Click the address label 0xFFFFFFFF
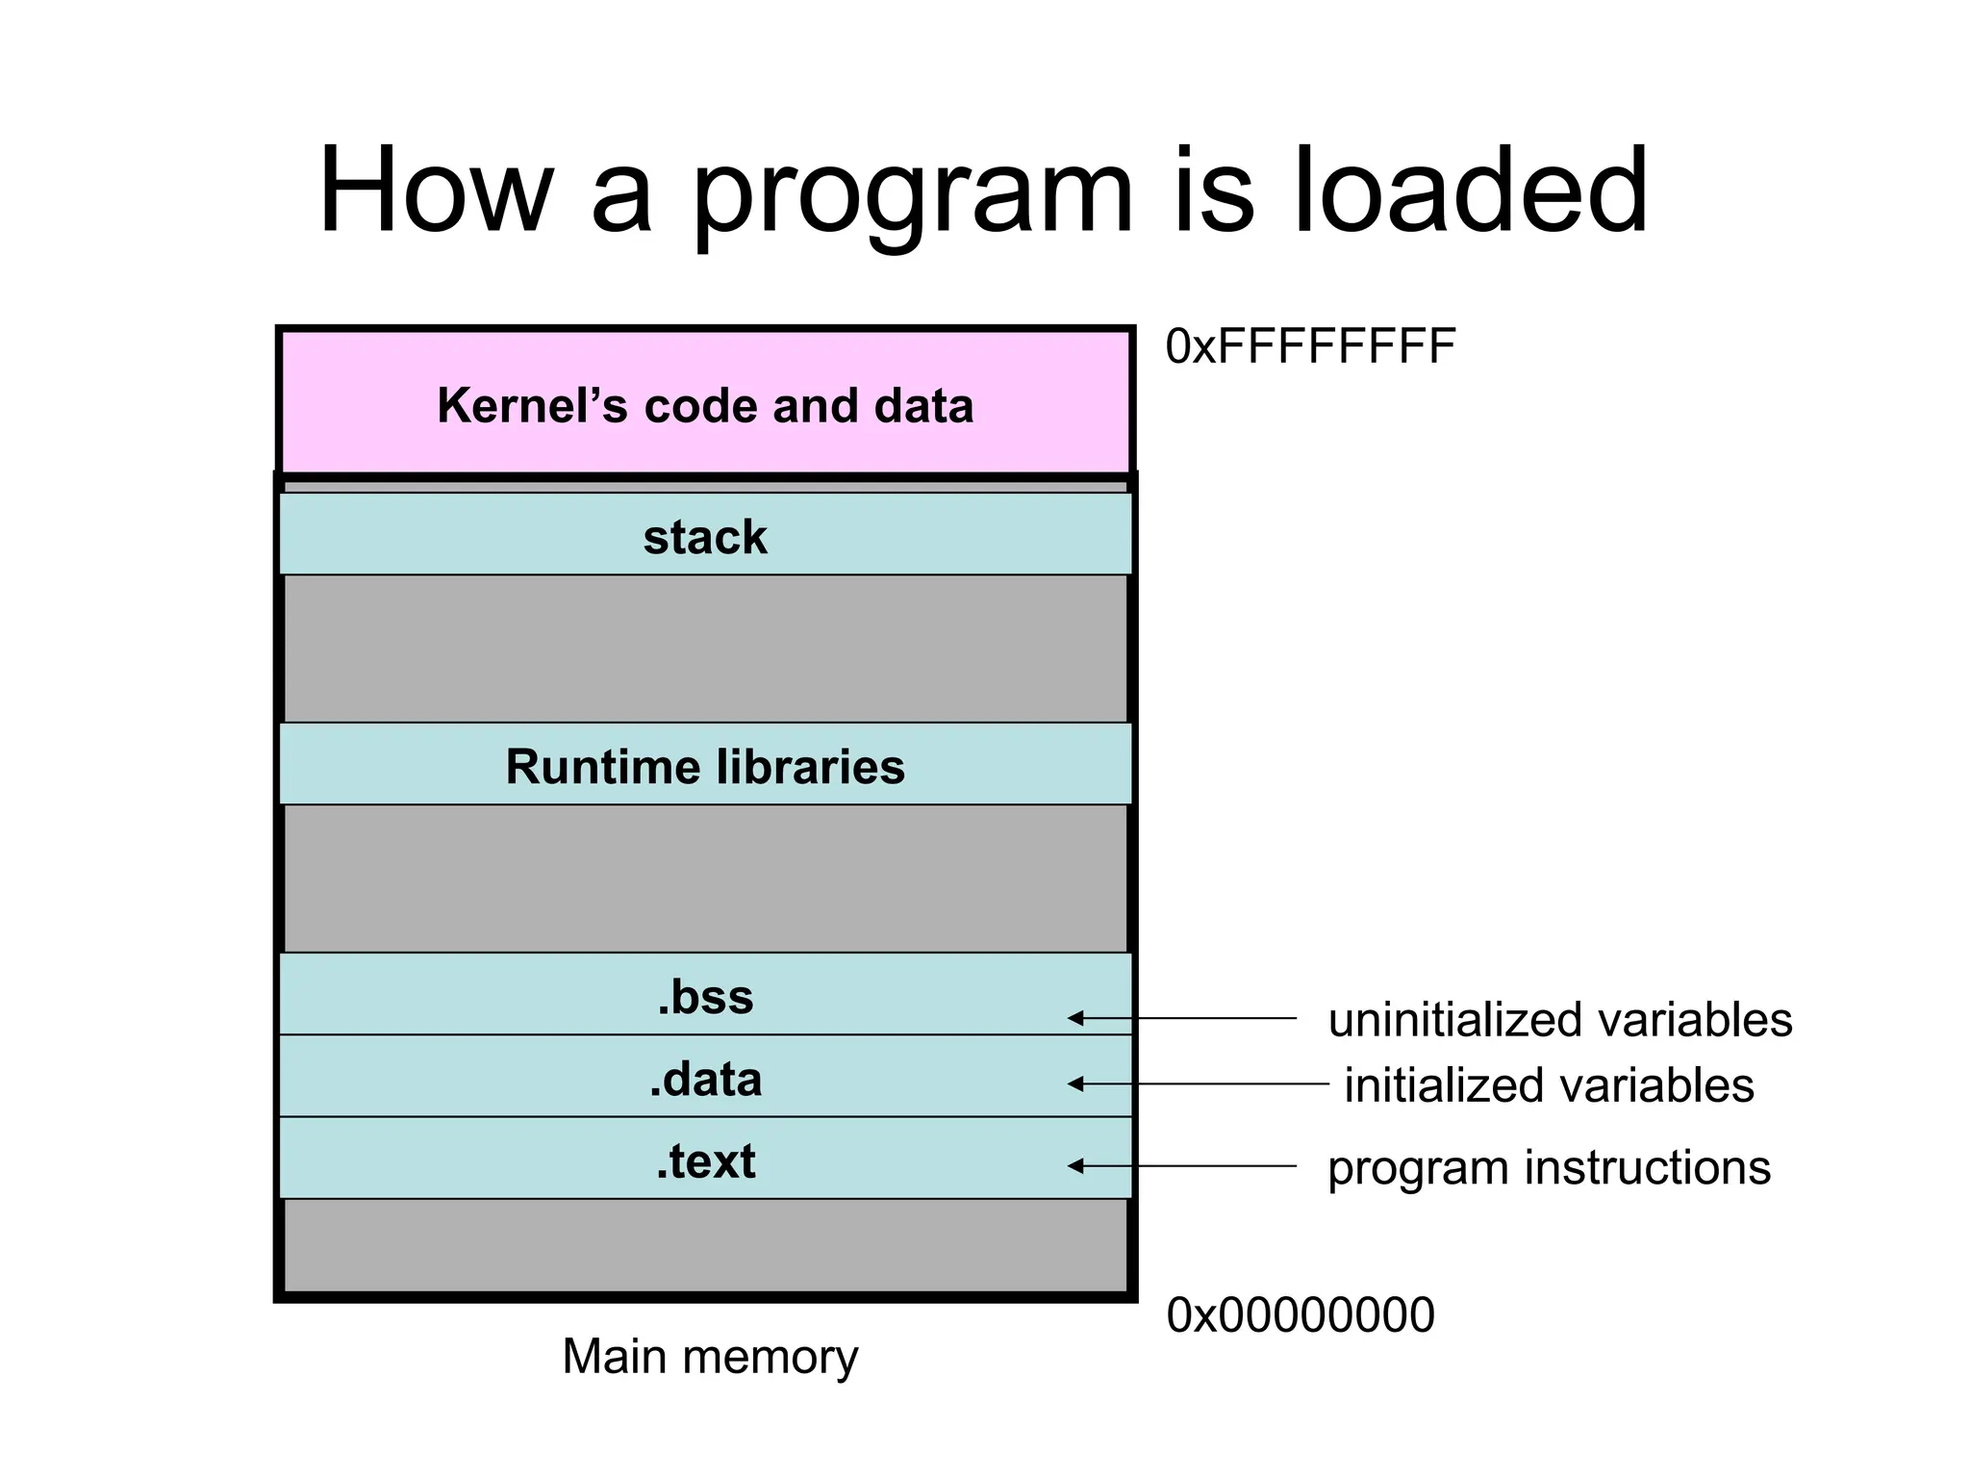click(x=1310, y=346)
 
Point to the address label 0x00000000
click(x=1301, y=1314)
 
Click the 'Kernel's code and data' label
click(x=705, y=405)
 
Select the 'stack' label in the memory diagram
click(x=705, y=537)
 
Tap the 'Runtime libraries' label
click(x=705, y=767)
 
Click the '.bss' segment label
click(x=705, y=997)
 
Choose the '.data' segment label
click(x=705, y=1080)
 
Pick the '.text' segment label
click(x=705, y=1161)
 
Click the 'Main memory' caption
click(x=710, y=1357)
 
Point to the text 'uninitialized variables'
click(x=1559, y=1020)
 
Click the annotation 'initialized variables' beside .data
click(x=1549, y=1085)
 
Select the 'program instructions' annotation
click(x=1549, y=1167)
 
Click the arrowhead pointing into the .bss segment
click(x=1076, y=1018)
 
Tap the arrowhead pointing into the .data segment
click(x=1076, y=1083)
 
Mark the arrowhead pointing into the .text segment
click(x=1076, y=1166)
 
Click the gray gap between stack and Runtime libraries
click(x=705, y=649)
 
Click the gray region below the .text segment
click(x=705, y=1245)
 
